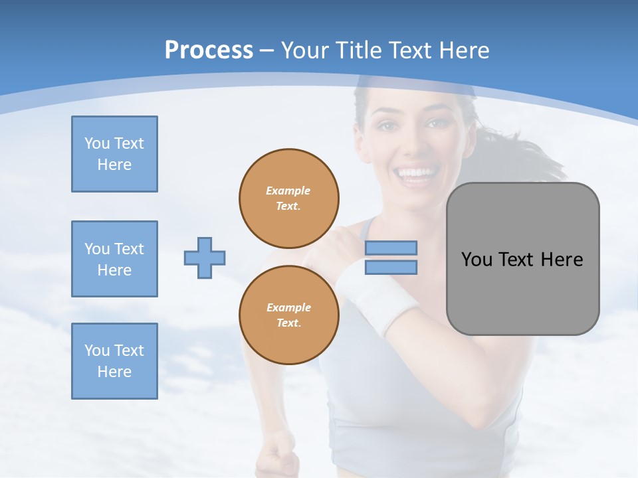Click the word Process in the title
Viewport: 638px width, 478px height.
point(209,50)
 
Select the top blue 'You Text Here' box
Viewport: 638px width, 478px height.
point(114,154)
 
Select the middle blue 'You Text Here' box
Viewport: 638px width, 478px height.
point(114,259)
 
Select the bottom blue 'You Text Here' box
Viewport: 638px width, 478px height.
point(114,361)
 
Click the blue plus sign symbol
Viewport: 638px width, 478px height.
point(205,258)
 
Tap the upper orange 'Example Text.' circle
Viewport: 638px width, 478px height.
point(289,198)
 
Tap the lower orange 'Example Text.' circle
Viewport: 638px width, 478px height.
point(289,315)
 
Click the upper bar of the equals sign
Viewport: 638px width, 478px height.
point(391,248)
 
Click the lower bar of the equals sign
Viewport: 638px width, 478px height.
point(391,268)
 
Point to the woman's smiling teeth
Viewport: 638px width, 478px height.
point(415,175)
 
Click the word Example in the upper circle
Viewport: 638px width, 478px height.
point(288,191)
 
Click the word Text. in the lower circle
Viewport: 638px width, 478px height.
point(288,323)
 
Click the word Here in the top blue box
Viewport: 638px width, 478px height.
point(114,165)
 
